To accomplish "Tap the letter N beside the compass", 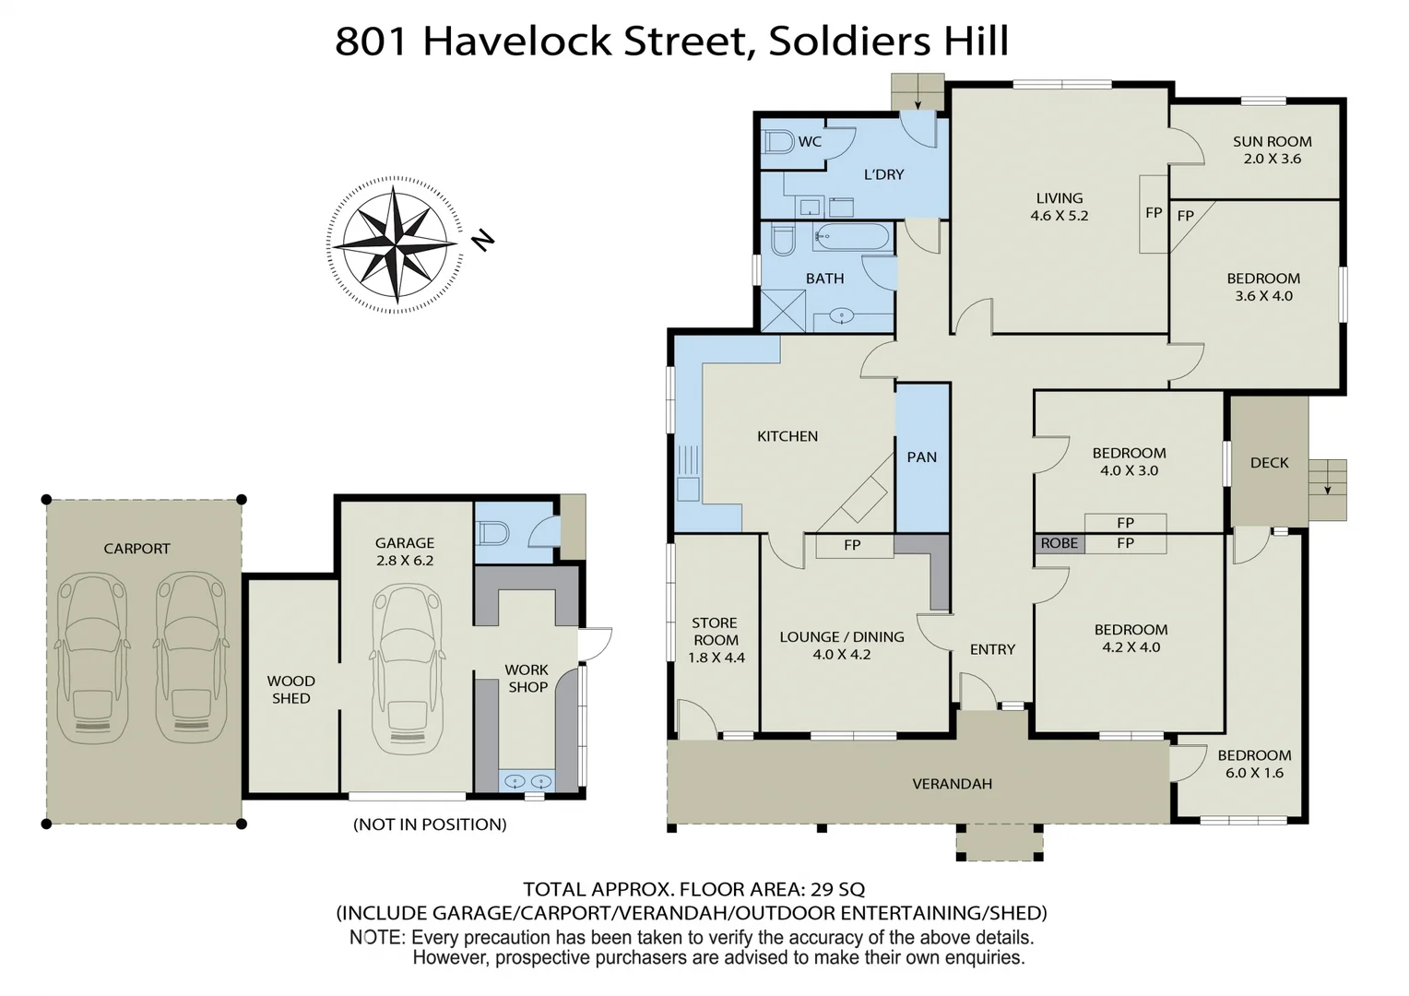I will [482, 241].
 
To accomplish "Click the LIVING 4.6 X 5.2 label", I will [1059, 207].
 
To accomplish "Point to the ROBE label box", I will [1059, 543].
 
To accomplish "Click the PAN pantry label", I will [921, 456].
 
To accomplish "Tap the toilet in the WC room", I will [779, 142].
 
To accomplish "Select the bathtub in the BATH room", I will [851, 237].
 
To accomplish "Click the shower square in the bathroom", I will [783, 311].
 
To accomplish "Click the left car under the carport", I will [91, 658].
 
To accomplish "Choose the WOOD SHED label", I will [291, 690].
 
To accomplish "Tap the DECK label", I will [1269, 463].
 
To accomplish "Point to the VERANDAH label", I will [952, 784].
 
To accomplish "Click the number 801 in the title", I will [371, 41].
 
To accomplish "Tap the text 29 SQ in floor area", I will [837, 889].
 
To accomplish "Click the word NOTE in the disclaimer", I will [376, 937].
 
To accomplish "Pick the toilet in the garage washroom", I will [493, 533].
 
